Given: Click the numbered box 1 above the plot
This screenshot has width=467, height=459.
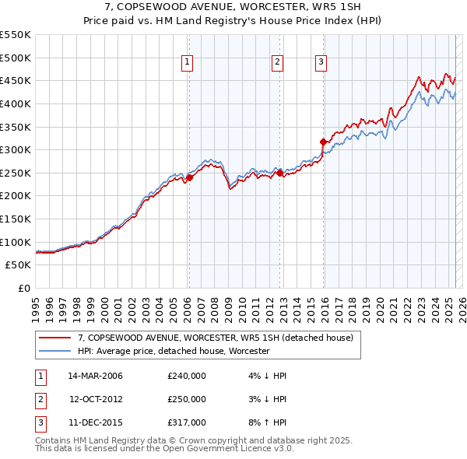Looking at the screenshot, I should pos(188,64).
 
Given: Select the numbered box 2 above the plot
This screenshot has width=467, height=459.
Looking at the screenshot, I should pos(277,64).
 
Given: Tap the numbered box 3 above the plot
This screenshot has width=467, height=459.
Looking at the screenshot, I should pos(321,64).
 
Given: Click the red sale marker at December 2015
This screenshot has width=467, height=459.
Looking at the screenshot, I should pos(323,142).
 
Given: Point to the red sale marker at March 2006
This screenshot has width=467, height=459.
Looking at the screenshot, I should pos(188,177).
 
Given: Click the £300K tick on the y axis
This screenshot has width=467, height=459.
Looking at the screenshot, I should pos(16,149).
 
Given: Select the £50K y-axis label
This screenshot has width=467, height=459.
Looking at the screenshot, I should pos(19,265).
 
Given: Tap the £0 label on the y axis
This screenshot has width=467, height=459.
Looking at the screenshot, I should pos(26,288).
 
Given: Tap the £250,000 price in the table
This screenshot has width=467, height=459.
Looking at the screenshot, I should pos(187,399).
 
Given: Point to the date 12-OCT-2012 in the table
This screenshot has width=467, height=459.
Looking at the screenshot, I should pos(96,399).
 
